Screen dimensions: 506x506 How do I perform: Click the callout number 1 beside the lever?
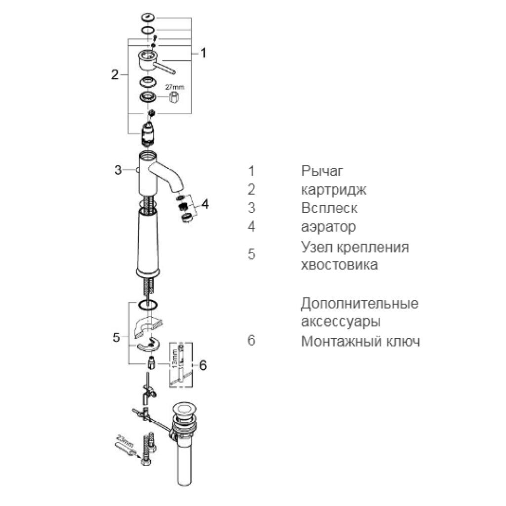pos(203,53)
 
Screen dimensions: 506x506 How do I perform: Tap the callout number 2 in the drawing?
pos(115,75)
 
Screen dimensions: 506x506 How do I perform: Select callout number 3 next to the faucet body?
pos(118,170)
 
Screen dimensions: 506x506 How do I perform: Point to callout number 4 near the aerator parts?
pos(205,204)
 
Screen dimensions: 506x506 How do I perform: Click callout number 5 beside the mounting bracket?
pos(116,337)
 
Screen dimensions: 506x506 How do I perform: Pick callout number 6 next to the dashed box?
pos(203,365)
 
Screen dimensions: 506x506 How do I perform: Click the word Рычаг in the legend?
pos(322,171)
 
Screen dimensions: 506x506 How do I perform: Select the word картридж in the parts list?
pos(334,190)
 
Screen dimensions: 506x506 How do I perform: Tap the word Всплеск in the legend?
pos(329,208)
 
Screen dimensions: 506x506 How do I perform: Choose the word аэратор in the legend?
pos(329,227)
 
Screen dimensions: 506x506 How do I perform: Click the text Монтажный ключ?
pos(360,341)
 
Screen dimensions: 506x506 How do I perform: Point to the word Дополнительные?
pos(360,304)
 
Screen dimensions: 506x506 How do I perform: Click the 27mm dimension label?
pos(174,87)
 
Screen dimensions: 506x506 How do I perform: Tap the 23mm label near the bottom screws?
pos(125,440)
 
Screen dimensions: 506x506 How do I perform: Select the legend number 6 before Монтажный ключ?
pos(251,340)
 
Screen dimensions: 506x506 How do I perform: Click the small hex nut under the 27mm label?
pos(174,97)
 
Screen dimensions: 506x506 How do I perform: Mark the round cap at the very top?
pos(148,17)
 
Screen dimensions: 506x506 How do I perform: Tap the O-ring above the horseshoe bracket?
pos(148,304)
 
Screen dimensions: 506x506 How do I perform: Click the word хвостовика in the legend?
pos(339,265)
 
